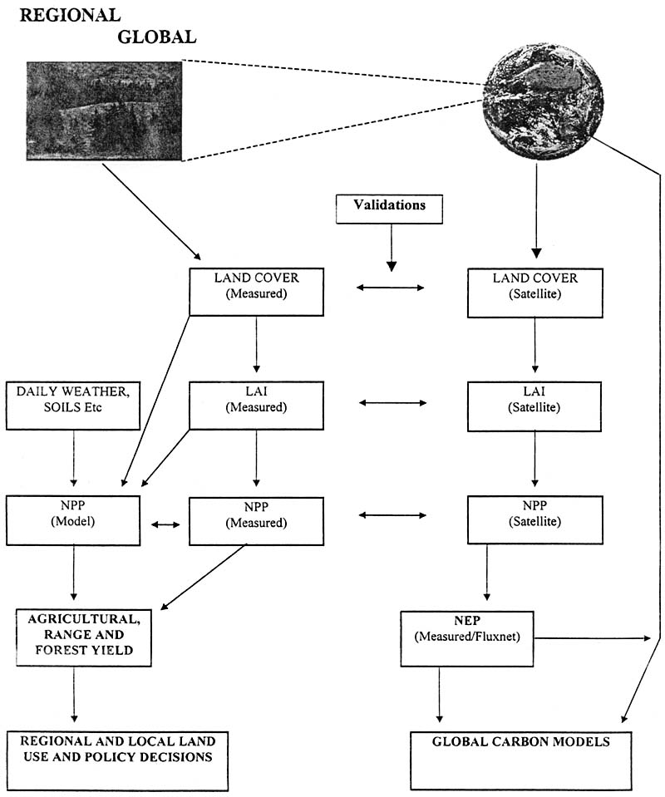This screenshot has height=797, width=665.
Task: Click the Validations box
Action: [390, 208]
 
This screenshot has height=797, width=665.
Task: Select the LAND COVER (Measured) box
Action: [255, 291]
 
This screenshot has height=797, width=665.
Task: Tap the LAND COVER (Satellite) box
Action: [534, 292]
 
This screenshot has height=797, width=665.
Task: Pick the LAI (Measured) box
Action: [255, 405]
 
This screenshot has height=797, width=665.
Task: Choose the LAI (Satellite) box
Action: [534, 405]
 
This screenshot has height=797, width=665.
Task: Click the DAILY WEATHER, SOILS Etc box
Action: [73, 406]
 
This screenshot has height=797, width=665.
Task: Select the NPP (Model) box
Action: [73, 519]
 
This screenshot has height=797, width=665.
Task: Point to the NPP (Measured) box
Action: [255, 520]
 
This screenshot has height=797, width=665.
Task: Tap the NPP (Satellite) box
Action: [534, 519]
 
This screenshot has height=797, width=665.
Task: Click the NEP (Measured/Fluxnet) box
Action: [467, 637]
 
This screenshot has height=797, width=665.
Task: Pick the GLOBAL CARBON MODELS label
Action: [521, 742]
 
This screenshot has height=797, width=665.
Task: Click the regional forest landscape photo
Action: [104, 111]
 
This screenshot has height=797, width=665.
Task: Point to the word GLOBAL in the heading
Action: [157, 37]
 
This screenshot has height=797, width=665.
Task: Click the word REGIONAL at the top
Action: [70, 16]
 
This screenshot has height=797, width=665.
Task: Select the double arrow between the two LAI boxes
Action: [392, 403]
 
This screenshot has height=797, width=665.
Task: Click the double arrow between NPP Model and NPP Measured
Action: [165, 524]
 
